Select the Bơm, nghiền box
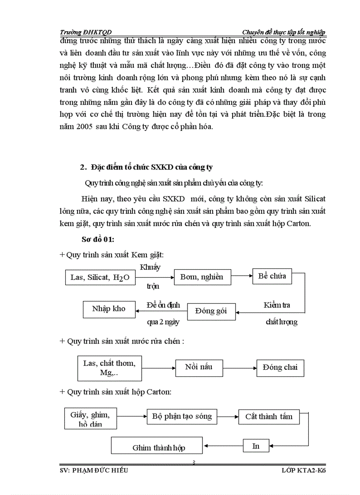tap(202, 277)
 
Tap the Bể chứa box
tap(272, 276)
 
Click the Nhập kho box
tap(109, 309)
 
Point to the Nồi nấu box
tap(199, 367)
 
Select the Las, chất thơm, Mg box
tap(109, 368)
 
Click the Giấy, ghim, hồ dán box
tap(90, 419)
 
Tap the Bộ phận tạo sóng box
tap(182, 416)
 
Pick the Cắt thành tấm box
tap(269, 417)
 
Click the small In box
tap(256, 446)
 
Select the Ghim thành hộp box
tap(157, 446)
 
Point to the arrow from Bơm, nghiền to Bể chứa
tap(241, 276)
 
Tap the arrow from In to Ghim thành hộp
tap(223, 446)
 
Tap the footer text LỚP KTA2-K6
tap(304, 470)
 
